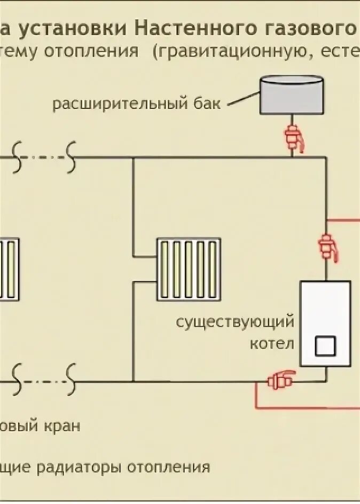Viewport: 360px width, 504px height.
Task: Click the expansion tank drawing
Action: tap(291, 95)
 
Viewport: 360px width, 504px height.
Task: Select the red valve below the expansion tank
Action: tap(293, 136)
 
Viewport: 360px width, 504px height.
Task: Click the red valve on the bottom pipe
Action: tap(280, 381)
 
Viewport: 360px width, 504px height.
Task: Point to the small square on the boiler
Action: tap(326, 346)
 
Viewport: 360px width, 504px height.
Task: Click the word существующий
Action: tap(236, 323)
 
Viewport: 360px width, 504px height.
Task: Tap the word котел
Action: tap(272, 343)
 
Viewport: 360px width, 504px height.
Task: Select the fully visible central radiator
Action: tap(188, 270)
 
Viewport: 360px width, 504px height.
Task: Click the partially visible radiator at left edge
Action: tap(9, 270)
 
